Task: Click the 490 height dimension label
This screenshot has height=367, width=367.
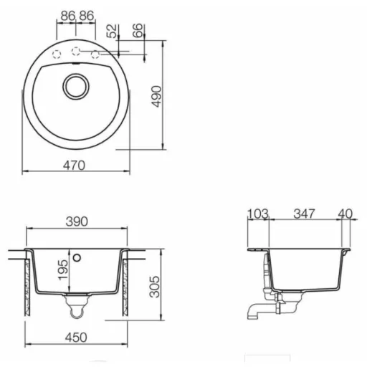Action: [156, 96]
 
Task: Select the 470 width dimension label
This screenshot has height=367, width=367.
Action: [74, 166]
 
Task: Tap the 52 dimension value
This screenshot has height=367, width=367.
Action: [113, 31]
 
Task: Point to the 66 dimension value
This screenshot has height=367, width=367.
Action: [138, 30]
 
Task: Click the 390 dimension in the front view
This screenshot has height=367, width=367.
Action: [77, 221]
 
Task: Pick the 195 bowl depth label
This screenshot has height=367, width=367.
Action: [63, 270]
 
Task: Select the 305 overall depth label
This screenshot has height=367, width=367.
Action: [154, 287]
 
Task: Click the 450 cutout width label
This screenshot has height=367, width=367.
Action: [76, 338]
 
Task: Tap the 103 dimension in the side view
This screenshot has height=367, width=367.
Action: [258, 214]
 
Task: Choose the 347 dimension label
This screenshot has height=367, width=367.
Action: [304, 214]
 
